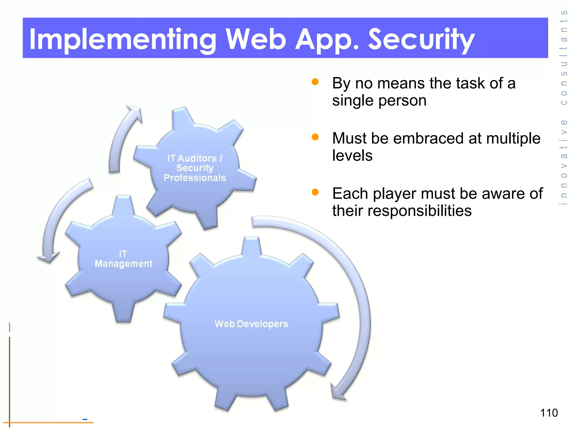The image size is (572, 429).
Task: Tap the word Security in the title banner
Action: point(421,39)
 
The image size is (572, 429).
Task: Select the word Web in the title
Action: point(256,39)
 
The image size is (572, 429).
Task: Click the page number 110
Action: point(549,413)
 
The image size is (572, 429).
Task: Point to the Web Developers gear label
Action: point(251,324)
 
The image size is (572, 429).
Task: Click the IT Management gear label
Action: point(123,259)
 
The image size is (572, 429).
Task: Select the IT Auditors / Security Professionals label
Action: point(195,168)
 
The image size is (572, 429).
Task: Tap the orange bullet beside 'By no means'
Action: point(315,82)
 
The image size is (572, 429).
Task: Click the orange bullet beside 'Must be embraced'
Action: point(315,137)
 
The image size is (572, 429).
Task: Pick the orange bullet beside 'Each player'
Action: point(315,192)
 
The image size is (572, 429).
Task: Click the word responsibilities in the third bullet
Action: point(419,211)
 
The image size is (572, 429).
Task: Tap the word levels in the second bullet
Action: point(352,155)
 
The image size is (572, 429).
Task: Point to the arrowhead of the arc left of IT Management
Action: point(48,258)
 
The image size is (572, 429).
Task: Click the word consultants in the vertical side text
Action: point(564,58)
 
